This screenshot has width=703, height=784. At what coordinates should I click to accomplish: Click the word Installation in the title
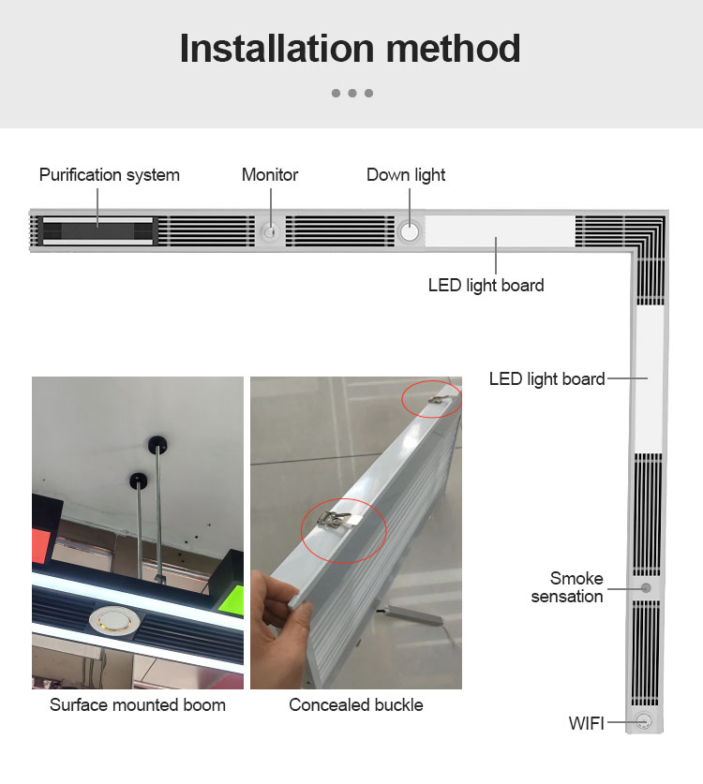tap(277, 49)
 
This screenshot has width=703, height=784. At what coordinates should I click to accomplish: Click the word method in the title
tap(454, 49)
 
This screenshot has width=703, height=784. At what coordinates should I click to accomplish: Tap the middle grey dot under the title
tap(352, 93)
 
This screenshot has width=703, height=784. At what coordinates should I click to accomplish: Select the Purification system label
tap(109, 175)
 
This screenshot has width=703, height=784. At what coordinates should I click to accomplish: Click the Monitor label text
tap(270, 175)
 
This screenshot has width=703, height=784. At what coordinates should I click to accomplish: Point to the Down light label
tap(406, 175)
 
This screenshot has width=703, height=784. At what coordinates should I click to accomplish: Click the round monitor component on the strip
tap(271, 231)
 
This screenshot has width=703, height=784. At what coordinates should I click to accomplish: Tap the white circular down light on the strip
tap(410, 231)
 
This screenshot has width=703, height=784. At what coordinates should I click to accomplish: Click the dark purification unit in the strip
tap(97, 231)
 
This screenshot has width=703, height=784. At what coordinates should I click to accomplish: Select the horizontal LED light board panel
tap(500, 231)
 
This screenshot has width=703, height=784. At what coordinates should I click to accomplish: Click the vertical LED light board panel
tap(649, 379)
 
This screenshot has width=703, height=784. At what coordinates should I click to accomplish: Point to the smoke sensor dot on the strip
tap(646, 588)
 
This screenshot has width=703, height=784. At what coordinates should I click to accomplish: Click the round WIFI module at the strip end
tap(643, 721)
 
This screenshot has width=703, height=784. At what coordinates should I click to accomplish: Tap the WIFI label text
tap(587, 723)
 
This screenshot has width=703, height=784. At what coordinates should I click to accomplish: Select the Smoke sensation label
tap(567, 587)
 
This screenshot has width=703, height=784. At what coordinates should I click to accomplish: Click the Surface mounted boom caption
tap(138, 705)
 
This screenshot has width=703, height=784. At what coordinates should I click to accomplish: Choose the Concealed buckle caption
tap(356, 705)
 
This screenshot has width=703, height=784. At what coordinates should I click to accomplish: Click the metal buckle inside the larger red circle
tap(334, 520)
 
